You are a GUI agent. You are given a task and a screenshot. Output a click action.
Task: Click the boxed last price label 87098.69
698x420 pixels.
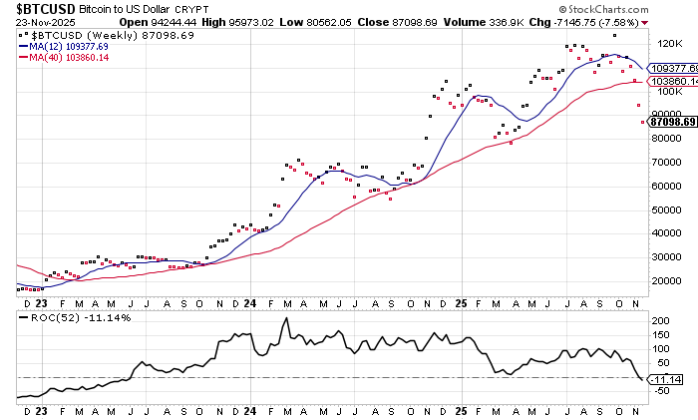671,121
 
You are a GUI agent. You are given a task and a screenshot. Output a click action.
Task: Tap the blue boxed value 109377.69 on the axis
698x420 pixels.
671,68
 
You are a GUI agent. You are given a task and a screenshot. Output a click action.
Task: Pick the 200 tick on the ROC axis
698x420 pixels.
658,321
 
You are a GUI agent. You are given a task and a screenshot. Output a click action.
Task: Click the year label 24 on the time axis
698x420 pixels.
250,301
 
